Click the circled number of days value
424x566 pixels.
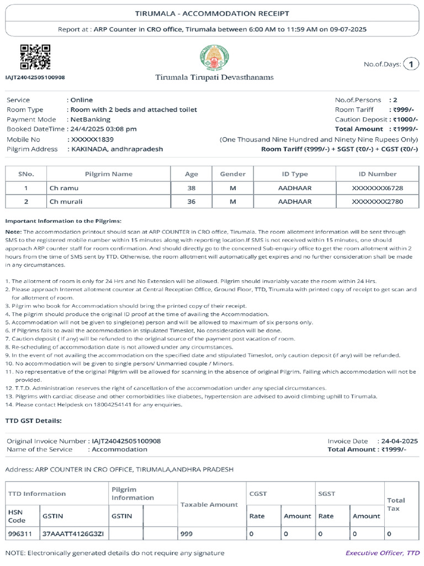(411, 65)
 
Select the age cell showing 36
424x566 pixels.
(192, 202)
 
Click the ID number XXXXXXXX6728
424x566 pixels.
(377, 188)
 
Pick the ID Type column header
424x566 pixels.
(295, 174)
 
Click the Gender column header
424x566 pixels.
(232, 174)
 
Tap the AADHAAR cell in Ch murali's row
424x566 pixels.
(295, 202)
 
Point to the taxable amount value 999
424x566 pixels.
(187, 534)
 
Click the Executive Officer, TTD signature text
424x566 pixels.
(382, 553)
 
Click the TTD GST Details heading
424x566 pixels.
(33, 421)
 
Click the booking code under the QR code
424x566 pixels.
(35, 77)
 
